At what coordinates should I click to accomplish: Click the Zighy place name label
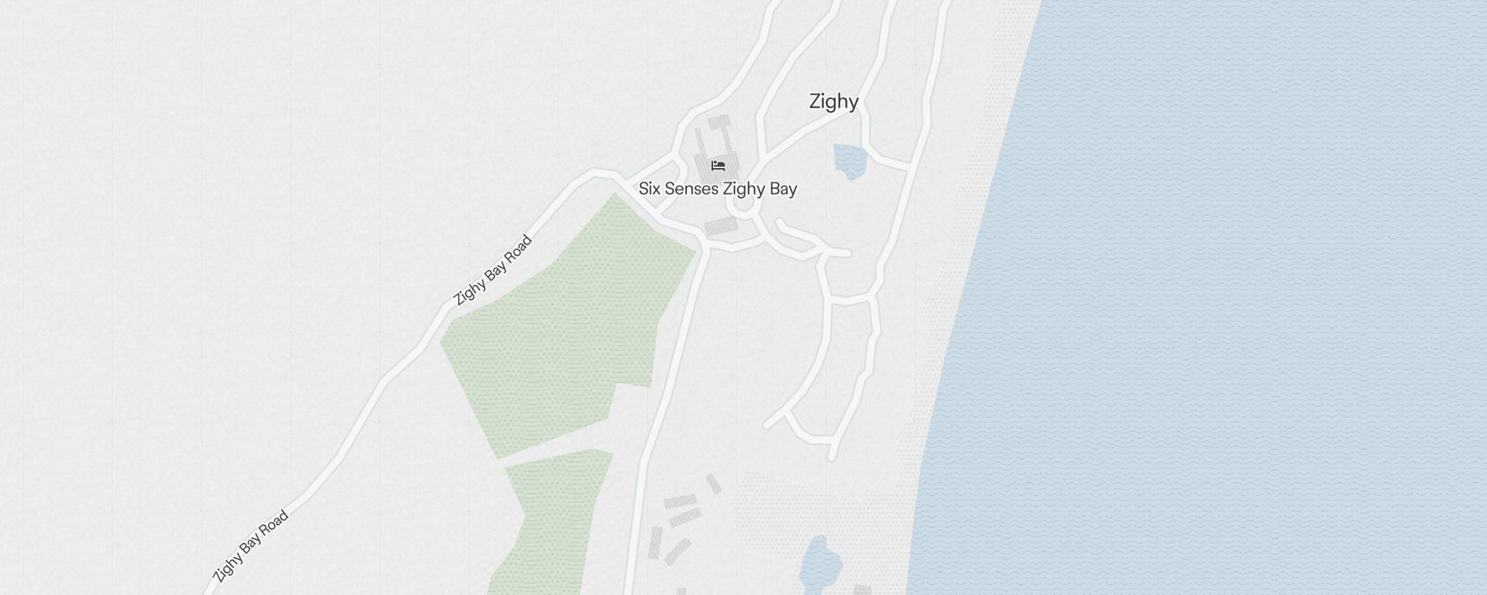coord(833,102)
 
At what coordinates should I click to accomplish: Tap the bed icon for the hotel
coord(717,165)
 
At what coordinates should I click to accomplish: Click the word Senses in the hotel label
coord(691,189)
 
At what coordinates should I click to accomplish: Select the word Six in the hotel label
coord(649,189)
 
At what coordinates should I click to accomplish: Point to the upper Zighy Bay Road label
coord(493,270)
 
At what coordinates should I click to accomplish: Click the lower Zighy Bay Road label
coord(250,547)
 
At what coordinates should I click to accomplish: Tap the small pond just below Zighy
coord(850,160)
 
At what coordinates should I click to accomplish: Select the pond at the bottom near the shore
coord(818,562)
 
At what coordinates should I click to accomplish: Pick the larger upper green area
coord(565,327)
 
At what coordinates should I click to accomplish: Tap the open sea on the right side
coord(1227,297)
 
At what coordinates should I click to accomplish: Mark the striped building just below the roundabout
coord(720,226)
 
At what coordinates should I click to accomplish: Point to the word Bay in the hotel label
coord(783,189)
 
